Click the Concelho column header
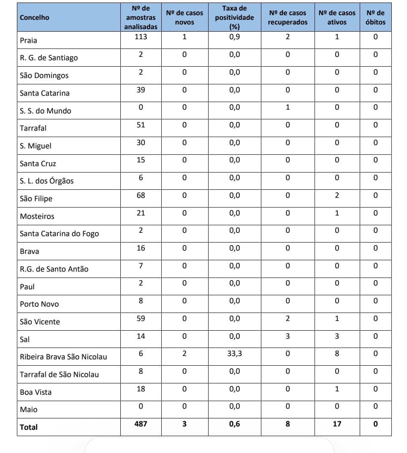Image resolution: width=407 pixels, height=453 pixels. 34,17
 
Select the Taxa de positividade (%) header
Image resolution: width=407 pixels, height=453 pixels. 234,17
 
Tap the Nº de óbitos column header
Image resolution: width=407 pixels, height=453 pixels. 375,17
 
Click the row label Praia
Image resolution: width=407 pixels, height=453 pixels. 28,40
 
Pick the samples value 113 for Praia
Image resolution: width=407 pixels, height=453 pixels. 141,37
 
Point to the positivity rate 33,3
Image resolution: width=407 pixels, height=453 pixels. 234,353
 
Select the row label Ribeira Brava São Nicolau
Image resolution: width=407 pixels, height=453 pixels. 63,357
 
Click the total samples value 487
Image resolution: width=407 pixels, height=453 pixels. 141,423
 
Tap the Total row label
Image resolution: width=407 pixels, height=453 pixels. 29,427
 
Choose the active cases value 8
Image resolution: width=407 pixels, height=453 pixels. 337,353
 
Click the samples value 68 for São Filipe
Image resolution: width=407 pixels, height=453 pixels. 141,195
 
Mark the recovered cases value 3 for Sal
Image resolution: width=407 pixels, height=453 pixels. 288,336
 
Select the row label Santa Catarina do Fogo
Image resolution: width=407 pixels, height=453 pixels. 59,234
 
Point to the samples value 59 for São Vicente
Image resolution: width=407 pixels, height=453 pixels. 141,318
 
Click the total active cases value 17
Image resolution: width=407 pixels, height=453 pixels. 337,423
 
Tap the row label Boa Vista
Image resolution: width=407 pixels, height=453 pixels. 35,392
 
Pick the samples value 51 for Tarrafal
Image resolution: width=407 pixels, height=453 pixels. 141,125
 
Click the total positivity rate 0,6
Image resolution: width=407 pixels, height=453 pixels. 234,423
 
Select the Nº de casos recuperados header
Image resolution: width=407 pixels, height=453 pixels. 288,17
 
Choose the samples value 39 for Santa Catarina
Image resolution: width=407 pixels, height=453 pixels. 141,90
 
